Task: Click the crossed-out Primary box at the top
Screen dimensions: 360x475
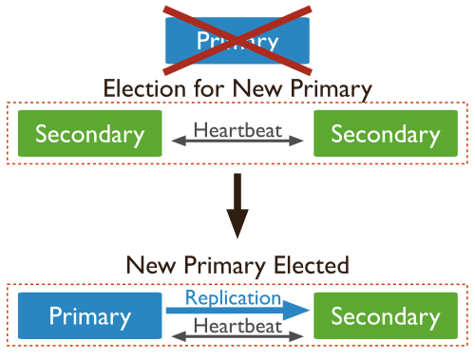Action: point(237,41)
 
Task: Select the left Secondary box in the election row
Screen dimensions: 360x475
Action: point(90,134)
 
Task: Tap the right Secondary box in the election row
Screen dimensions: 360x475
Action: point(386,134)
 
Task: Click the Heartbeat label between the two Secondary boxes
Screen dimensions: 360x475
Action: point(237,128)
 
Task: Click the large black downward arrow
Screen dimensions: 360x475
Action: point(237,206)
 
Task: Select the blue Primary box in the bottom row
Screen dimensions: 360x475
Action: point(90,316)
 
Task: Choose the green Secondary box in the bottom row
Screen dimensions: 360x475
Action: point(386,316)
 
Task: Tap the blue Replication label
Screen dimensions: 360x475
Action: point(233,297)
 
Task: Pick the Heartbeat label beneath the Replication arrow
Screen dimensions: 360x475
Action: point(237,325)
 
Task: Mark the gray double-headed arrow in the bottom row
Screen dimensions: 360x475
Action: point(237,336)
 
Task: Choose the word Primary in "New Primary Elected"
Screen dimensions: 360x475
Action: point(227,264)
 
